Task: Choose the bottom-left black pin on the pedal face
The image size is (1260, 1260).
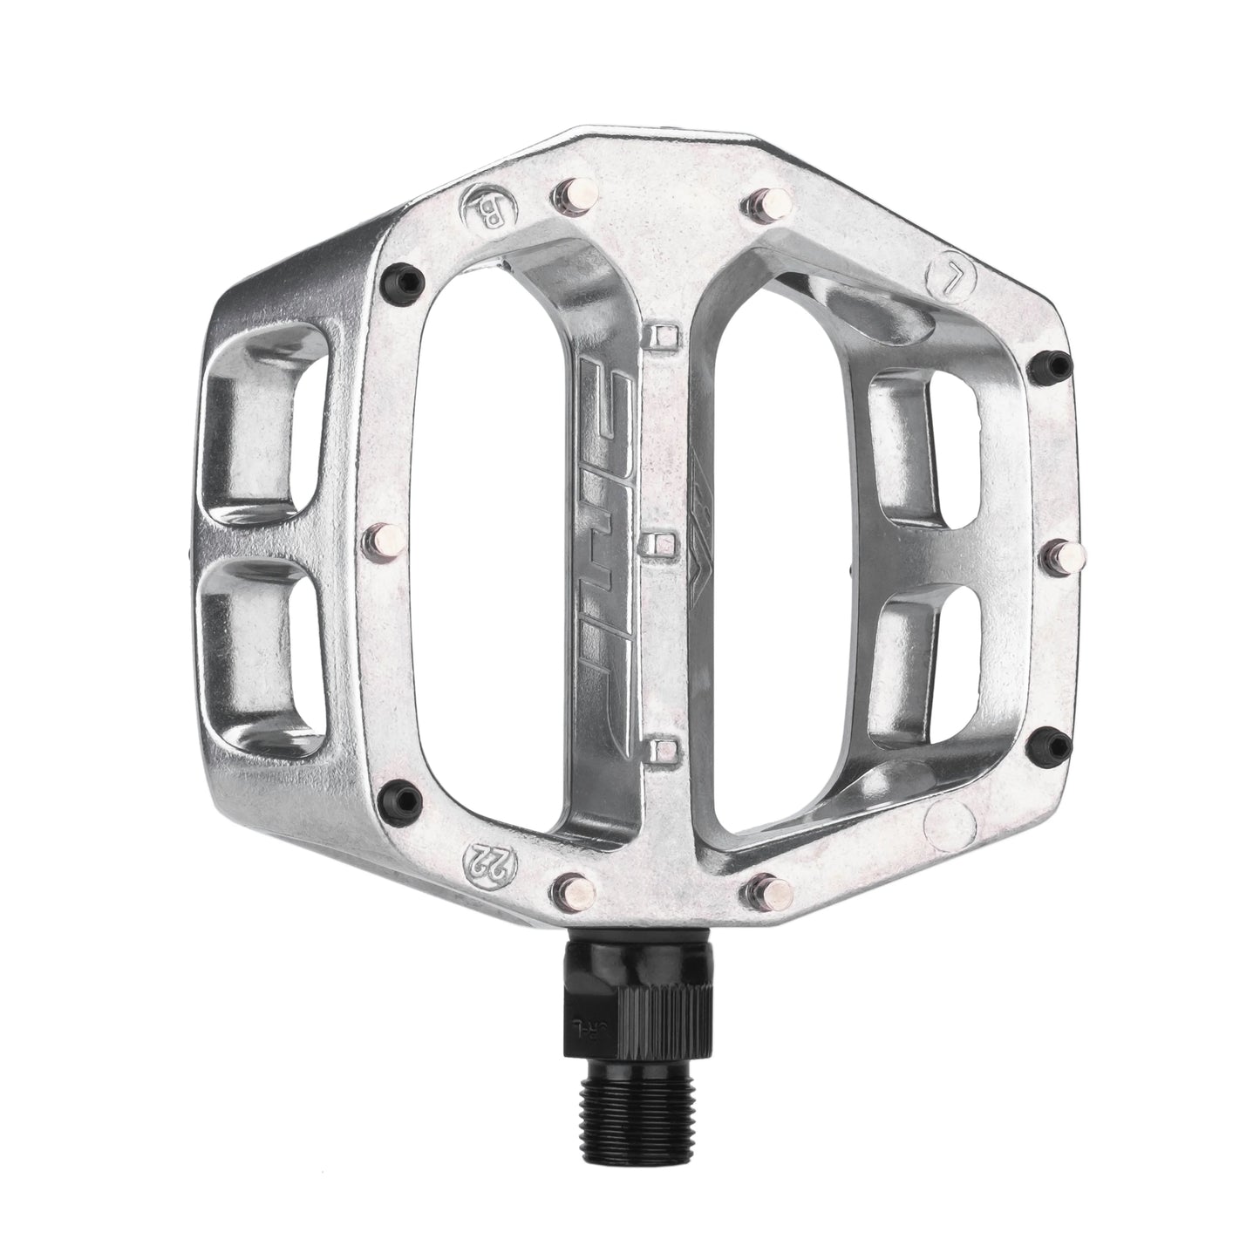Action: pos(404,793)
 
